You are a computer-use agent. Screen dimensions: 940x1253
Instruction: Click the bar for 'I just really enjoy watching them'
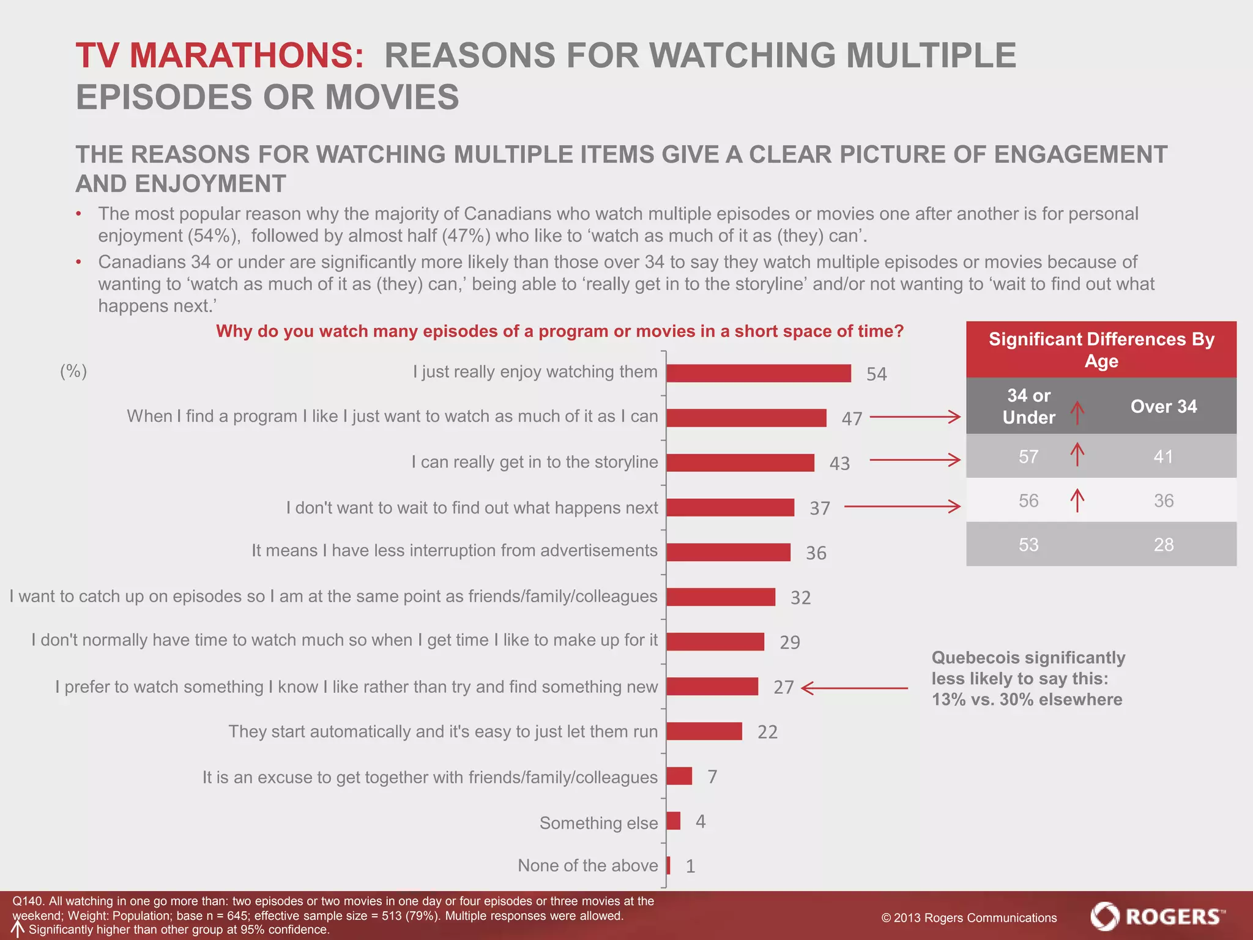click(758, 373)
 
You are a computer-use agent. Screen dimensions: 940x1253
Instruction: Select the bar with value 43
click(740, 463)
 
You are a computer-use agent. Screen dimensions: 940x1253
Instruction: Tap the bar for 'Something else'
click(673, 821)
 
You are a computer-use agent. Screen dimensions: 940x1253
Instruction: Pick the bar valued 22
click(704, 731)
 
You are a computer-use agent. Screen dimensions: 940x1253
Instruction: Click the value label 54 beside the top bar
click(876, 374)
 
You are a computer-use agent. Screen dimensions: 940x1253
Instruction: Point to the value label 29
click(789, 642)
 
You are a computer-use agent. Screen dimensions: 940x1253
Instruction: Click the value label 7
click(712, 777)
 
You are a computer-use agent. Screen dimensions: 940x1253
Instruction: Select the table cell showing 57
click(1028, 457)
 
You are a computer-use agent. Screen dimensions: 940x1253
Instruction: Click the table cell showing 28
click(1163, 545)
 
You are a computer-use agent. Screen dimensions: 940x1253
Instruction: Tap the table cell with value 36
click(1163, 501)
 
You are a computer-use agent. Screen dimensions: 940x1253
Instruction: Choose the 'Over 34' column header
click(1163, 406)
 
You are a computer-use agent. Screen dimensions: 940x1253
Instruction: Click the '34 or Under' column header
click(1028, 406)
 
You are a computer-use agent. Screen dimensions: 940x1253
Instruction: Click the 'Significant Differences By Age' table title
click(1101, 349)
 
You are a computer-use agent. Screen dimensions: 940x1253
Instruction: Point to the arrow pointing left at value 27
click(854, 688)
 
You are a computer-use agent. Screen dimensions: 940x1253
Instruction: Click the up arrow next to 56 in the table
click(1077, 500)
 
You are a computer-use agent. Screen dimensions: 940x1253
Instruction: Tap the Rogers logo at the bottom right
click(1158, 916)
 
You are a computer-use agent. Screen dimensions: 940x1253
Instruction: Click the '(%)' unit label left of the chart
click(73, 371)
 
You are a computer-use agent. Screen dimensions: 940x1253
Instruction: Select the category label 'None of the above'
click(587, 865)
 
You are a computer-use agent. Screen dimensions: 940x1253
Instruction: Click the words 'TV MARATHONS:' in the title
click(220, 56)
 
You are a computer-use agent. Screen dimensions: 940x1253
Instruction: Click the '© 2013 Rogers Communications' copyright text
click(969, 918)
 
